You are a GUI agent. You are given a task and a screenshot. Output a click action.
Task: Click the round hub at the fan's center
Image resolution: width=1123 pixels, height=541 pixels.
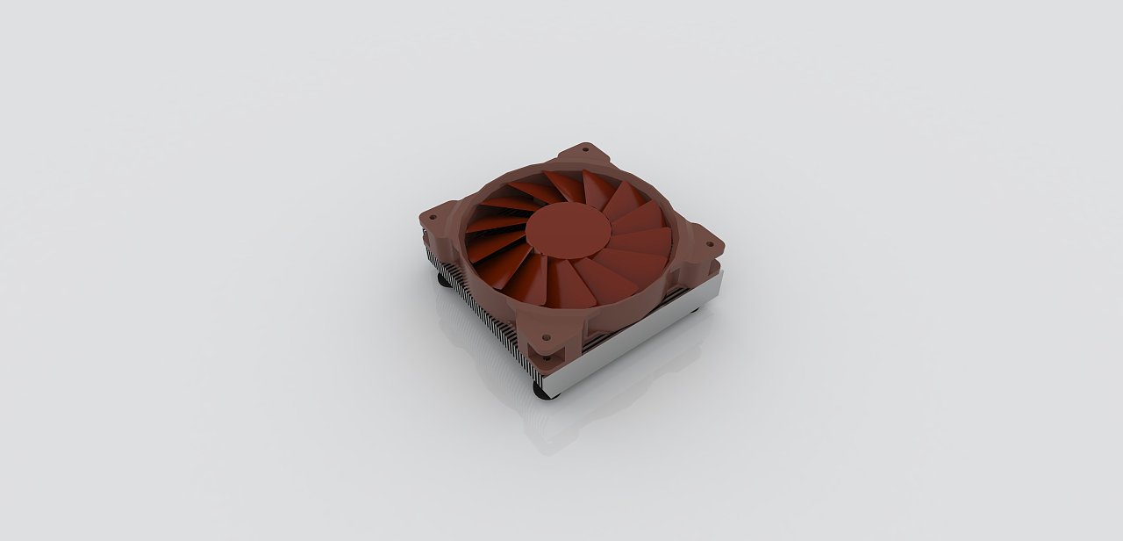tap(568, 230)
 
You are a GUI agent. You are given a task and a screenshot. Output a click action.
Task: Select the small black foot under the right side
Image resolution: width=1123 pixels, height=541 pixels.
tap(697, 308)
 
